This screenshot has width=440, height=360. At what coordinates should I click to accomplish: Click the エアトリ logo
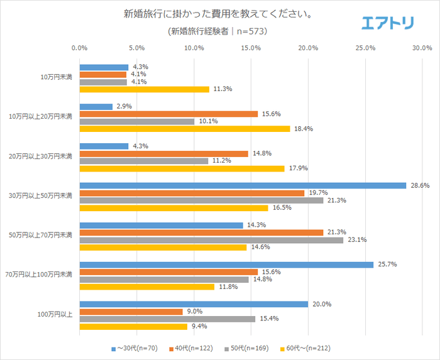pos(388,23)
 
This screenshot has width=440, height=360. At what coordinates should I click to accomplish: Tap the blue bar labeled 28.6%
pos(243,185)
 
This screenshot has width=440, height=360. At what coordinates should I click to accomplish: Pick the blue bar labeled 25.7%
pos(226,265)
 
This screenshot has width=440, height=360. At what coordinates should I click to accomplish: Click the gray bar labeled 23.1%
pos(211,240)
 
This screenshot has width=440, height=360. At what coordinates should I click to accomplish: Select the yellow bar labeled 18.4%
pos(185,128)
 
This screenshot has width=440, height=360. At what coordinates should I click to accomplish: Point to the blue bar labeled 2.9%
pos(96,107)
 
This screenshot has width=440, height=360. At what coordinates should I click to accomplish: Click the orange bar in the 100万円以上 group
pos(131,312)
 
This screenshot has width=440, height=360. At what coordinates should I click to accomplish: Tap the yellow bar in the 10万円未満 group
pos(144,89)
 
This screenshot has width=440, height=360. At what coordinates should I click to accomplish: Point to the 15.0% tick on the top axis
pos(251,48)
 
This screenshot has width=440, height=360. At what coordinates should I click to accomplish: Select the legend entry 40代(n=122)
pos(194,347)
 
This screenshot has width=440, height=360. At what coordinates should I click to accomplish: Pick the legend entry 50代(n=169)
pos(248,347)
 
